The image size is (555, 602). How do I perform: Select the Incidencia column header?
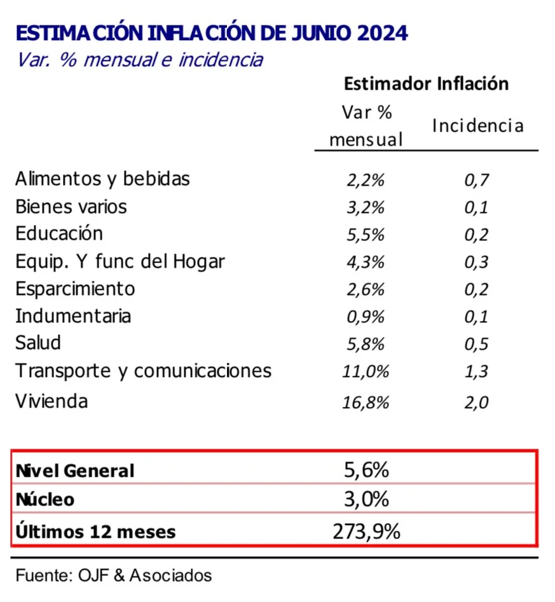(x=477, y=126)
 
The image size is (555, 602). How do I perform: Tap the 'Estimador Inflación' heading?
(x=426, y=84)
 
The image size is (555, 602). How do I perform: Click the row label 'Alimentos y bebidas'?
(x=102, y=179)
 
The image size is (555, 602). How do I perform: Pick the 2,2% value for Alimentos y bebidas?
(x=366, y=180)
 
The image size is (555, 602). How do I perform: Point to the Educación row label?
(x=58, y=233)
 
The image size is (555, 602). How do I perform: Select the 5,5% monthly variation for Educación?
(x=366, y=235)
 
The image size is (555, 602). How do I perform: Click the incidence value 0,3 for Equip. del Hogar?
(x=476, y=262)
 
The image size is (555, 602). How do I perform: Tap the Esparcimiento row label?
(x=75, y=289)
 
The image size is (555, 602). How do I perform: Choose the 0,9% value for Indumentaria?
(x=366, y=317)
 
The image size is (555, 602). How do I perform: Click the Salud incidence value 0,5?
(x=476, y=344)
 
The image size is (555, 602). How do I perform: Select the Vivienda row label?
(x=51, y=401)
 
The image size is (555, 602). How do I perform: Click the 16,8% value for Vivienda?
(x=366, y=402)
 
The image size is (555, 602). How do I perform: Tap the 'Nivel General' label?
(x=75, y=471)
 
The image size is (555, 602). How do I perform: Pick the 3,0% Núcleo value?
(x=366, y=500)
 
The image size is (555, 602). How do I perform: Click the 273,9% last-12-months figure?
(x=366, y=530)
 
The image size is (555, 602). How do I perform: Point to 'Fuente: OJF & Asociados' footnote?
(x=114, y=575)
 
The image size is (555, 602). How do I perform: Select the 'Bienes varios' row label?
(x=71, y=207)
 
